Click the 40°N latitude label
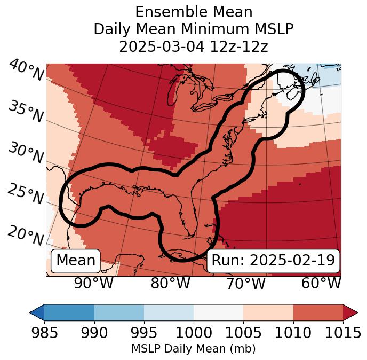(26, 71)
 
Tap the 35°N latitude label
(25, 112)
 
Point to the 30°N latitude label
(25, 153)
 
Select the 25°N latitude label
(25, 194)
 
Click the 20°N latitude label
(25, 235)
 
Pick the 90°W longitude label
(93, 283)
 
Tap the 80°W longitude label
(170, 283)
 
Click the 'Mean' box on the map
(76, 261)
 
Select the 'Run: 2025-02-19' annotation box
(273, 261)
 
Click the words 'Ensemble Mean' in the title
(194, 12)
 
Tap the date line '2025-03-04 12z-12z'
(194, 46)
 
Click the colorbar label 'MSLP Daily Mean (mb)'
(194, 349)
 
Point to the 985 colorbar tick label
(44, 333)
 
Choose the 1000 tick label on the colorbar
(194, 333)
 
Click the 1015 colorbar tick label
(343, 333)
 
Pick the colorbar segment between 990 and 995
(119, 312)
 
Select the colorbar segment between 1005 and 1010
(268, 312)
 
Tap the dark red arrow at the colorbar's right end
(350, 312)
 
